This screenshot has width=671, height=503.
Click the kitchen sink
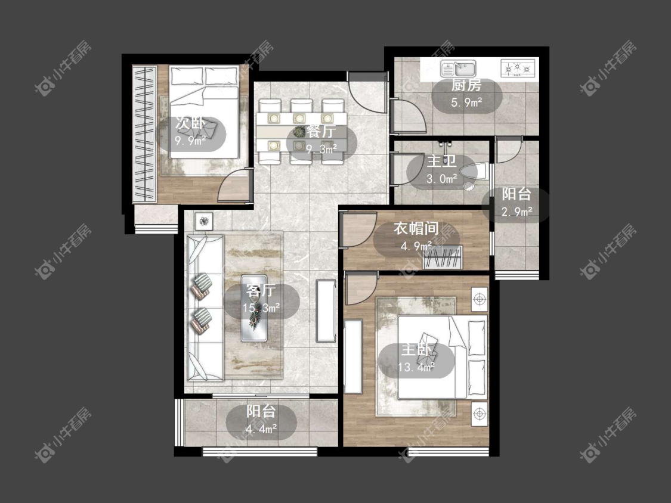coord(458,69)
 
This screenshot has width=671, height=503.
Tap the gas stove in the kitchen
coord(518,69)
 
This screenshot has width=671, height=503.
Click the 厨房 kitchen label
coord(466,85)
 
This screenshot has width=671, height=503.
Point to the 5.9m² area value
coord(466,103)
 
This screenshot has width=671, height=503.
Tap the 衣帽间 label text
coord(416,228)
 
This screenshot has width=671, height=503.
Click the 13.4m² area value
coord(416,367)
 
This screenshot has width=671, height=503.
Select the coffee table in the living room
coord(255,308)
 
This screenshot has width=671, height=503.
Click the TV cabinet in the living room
coord(326,311)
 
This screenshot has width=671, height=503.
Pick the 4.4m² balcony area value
coord(261,429)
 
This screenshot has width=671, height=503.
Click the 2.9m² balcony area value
coord(517,212)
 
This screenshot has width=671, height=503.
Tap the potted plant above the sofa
coord(205,222)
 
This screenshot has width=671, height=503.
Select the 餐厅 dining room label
coord(321,131)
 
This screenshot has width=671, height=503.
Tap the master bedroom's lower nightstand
coord(480,414)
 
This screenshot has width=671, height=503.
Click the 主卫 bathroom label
coord(441,162)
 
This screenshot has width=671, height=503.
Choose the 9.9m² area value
coord(190,140)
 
